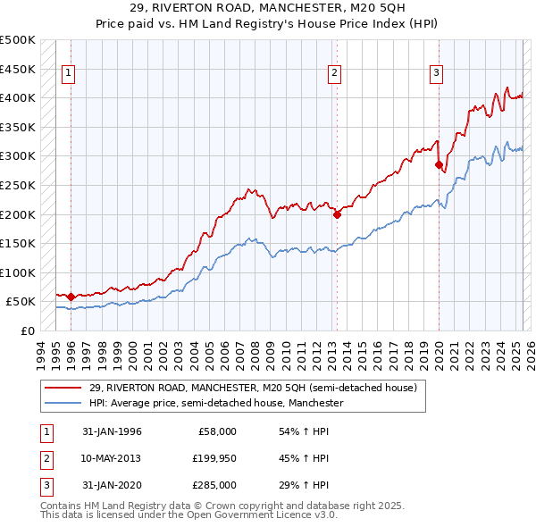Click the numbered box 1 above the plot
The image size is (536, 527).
(68, 74)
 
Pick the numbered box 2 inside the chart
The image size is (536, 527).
(334, 74)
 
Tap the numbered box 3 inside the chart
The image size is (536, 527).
(437, 74)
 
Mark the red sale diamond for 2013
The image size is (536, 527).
(337, 214)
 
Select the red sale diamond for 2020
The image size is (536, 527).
(439, 165)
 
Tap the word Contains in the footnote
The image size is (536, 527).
(63, 506)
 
